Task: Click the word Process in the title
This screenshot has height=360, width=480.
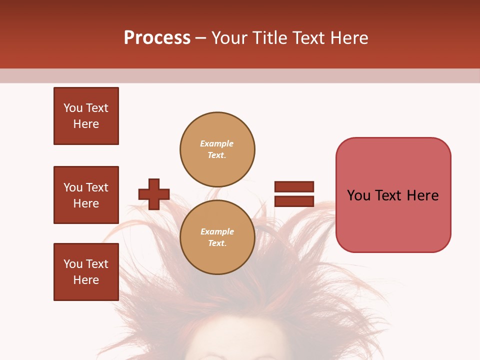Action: (157, 38)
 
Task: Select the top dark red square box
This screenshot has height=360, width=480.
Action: (86, 116)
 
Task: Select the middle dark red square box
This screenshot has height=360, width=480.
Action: (86, 195)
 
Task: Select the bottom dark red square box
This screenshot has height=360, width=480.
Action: (86, 272)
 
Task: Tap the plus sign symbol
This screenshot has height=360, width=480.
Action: (154, 194)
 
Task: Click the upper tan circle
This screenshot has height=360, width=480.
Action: (217, 149)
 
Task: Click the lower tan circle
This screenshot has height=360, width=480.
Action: (217, 237)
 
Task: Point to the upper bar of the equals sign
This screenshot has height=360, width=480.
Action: (294, 186)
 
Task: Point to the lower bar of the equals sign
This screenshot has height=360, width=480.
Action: (294, 201)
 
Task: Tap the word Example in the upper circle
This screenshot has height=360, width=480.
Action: (216, 143)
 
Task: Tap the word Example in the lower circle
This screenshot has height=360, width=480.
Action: (217, 231)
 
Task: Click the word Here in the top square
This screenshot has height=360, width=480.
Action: (86, 124)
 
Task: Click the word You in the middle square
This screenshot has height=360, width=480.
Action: (72, 187)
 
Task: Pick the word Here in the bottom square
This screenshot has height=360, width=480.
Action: (86, 280)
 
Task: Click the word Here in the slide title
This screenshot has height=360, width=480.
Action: (348, 38)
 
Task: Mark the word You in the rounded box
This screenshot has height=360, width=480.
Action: (358, 195)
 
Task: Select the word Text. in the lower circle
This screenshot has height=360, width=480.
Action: (217, 243)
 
